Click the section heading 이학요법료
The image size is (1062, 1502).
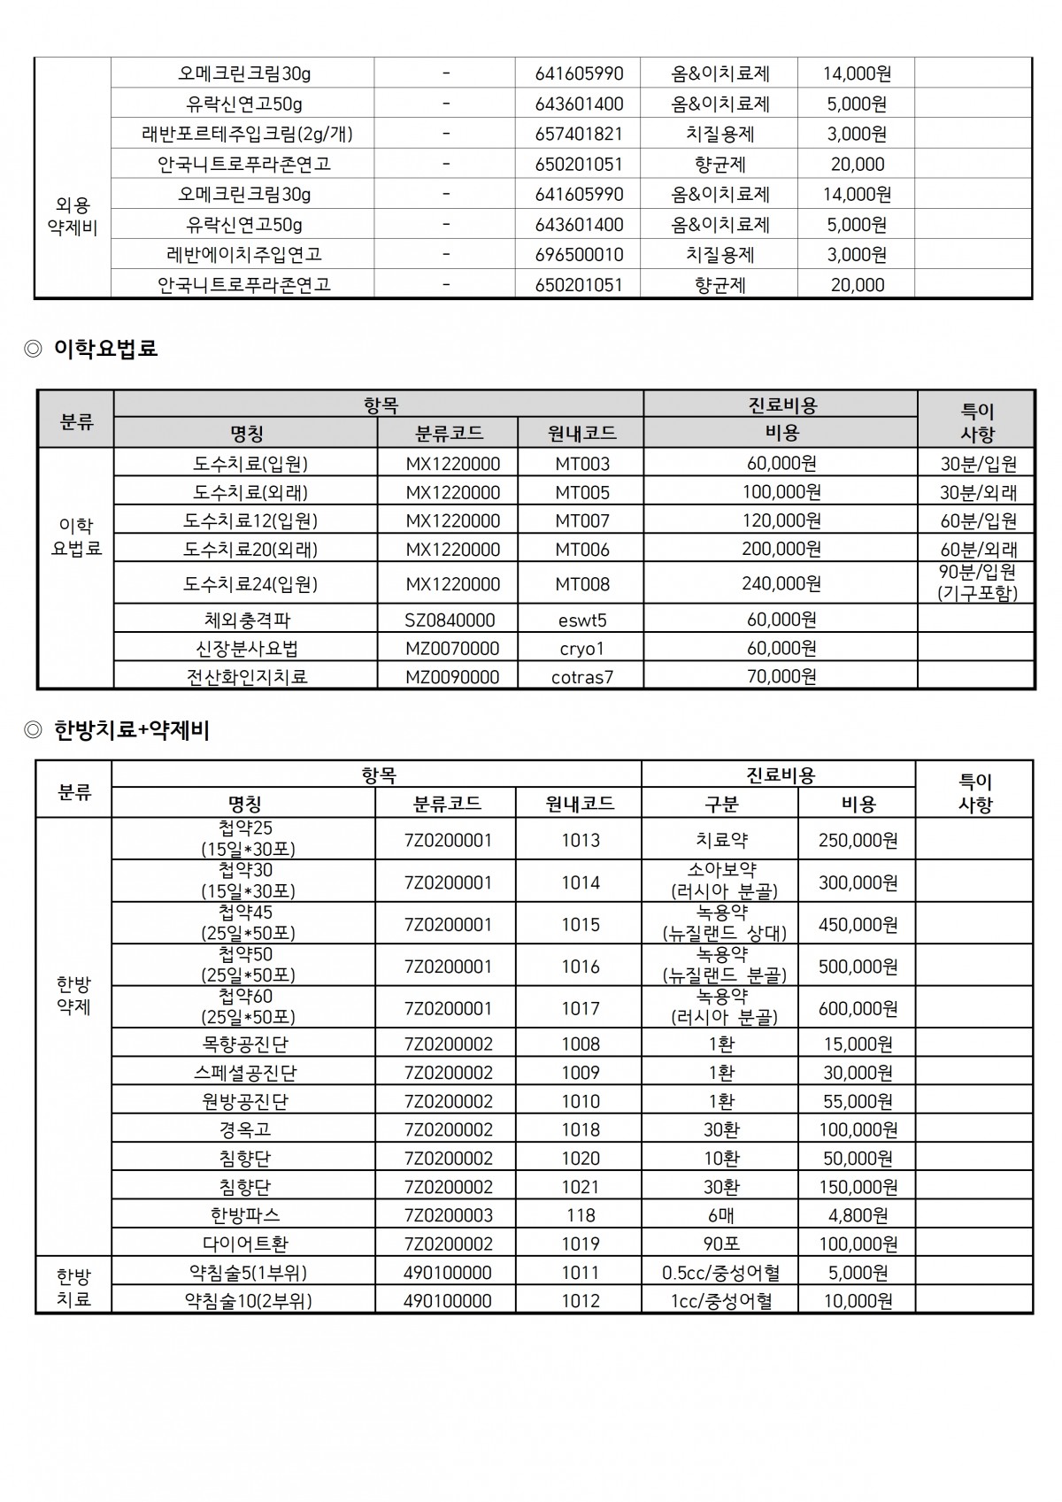click(x=105, y=349)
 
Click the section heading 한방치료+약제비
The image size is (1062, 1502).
click(x=131, y=730)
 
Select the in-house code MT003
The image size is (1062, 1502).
click(x=582, y=464)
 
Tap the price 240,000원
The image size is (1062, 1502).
click(x=781, y=584)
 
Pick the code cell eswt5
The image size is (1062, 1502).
click(x=582, y=620)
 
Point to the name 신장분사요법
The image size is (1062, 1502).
click(x=246, y=649)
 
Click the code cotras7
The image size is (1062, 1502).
click(x=582, y=677)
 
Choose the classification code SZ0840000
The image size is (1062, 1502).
click(x=450, y=620)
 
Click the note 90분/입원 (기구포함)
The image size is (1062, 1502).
click(x=978, y=583)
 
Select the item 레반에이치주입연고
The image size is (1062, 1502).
click(x=244, y=255)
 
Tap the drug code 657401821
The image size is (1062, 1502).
click(x=579, y=135)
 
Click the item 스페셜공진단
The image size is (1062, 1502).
click(x=245, y=1073)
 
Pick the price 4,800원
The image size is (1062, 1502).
click(x=858, y=1215)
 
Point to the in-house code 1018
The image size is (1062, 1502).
click(x=580, y=1130)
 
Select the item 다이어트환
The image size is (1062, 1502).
click(x=245, y=1244)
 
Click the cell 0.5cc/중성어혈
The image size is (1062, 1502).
click(x=720, y=1273)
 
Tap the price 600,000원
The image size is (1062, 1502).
click(x=858, y=1009)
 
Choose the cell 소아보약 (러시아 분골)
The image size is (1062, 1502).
click(x=720, y=882)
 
